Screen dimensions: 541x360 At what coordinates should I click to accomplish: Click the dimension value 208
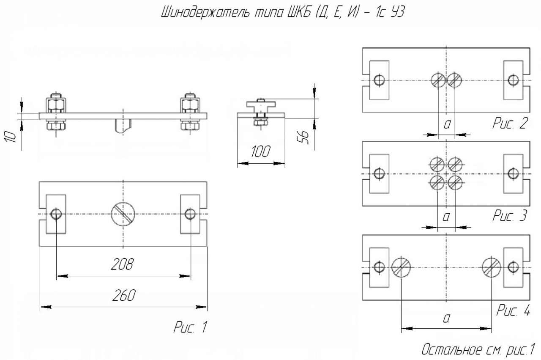click(x=122, y=264)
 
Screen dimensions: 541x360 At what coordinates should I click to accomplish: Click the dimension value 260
click(x=124, y=295)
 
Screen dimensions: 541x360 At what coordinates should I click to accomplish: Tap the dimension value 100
click(x=260, y=151)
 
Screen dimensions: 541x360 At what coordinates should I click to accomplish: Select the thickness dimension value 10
click(x=11, y=137)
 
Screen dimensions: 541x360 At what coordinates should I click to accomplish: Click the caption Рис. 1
click(x=190, y=327)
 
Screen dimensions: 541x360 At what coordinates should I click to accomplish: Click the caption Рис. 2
click(x=510, y=123)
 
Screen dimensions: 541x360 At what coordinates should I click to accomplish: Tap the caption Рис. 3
click(x=509, y=215)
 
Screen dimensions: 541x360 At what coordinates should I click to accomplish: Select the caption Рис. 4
click(x=513, y=310)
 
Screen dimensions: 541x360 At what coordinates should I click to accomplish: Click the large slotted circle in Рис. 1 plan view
click(x=123, y=214)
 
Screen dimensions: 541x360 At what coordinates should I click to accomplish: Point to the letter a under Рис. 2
click(x=447, y=124)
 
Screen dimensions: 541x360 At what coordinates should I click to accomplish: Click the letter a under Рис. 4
click(x=447, y=318)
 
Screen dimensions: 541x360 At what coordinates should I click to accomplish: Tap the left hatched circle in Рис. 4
click(x=401, y=267)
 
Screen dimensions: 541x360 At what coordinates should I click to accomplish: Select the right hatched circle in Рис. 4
click(x=492, y=267)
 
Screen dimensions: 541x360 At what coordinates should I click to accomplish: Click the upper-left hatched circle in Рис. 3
click(x=437, y=165)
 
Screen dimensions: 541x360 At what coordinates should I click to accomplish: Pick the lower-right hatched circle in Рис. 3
click(x=455, y=183)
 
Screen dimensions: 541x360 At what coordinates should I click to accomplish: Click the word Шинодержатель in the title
click(x=205, y=12)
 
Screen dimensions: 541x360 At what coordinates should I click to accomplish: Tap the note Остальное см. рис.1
click(x=478, y=349)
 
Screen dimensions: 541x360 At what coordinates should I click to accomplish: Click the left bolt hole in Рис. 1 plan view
click(x=56, y=214)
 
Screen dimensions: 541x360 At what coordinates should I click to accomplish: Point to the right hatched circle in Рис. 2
click(x=454, y=80)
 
